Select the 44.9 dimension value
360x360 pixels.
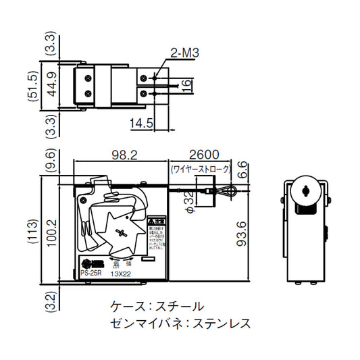point(51,86)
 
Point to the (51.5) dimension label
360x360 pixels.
point(31,86)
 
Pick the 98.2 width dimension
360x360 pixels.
point(122,155)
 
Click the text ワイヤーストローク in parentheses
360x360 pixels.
point(200,168)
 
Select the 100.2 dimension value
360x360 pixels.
point(51,230)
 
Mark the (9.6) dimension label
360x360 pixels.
point(51,163)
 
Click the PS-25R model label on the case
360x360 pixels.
point(92,274)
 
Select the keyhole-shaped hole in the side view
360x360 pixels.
point(307,191)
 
